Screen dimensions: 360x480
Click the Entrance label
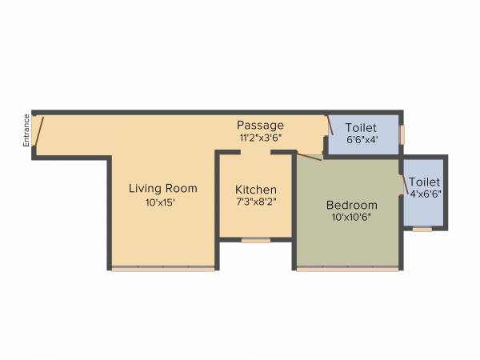pos(26,130)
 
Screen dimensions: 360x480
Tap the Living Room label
pos(163,189)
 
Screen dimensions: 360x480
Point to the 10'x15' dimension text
pos(160,203)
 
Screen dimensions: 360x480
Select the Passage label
pos(260,126)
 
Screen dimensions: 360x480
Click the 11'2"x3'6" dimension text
pos(261,138)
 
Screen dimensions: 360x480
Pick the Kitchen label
pos(256,190)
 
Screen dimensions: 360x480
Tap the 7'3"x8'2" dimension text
pos(256,203)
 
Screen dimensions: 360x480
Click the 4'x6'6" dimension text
pos(426,194)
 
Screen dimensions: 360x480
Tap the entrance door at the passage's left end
pos(38,130)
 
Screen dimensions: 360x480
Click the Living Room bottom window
pos(163,269)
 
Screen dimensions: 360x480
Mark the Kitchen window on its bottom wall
pos(256,239)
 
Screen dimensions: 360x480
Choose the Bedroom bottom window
pos(347,269)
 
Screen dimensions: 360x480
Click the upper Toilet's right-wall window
pos(402,132)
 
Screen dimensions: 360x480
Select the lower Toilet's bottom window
pos(422,229)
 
